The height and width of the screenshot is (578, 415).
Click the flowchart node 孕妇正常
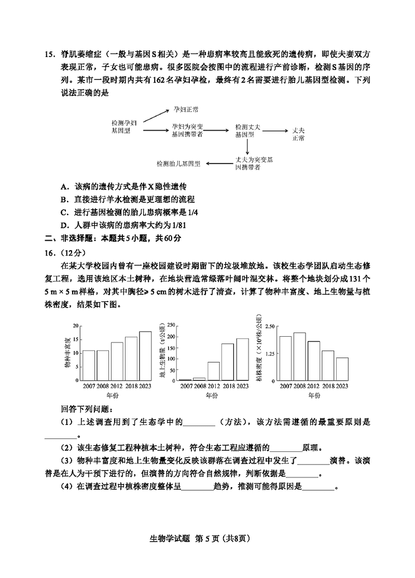(188, 110)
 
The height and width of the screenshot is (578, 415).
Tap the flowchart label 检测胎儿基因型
(178, 163)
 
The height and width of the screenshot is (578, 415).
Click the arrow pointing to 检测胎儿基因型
(217, 163)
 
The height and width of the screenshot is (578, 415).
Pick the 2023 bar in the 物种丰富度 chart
(145, 355)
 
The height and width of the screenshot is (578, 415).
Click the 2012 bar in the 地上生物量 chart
(214, 371)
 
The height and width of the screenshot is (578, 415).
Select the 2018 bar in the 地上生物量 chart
(228, 362)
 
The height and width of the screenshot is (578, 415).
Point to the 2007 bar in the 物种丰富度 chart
(89, 365)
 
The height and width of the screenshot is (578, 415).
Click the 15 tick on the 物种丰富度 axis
(75, 339)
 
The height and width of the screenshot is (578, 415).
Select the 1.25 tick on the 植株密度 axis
(269, 353)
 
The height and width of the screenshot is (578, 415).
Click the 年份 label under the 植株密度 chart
(313, 395)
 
